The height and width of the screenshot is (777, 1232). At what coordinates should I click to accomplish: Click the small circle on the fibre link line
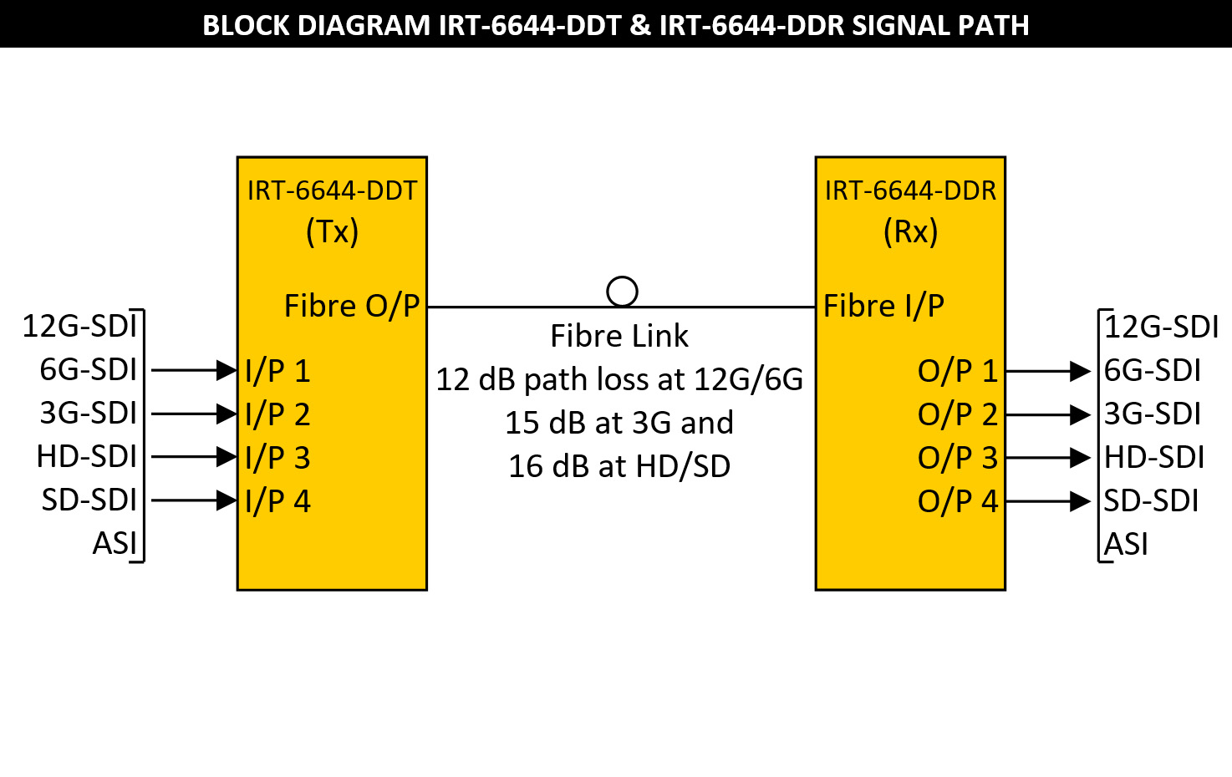click(x=622, y=292)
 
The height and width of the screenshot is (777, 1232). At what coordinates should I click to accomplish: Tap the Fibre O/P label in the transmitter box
click(x=352, y=306)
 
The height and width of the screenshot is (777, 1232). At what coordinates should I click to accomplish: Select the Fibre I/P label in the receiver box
click(x=883, y=306)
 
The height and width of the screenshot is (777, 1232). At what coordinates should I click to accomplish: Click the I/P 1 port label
click(x=277, y=371)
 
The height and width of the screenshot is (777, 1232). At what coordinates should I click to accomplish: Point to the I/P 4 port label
click(x=277, y=501)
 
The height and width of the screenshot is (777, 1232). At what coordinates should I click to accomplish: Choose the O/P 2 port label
click(x=958, y=414)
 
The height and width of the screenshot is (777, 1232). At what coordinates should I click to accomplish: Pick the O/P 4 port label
click(x=958, y=501)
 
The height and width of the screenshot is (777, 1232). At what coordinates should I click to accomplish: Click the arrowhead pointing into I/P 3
click(x=227, y=457)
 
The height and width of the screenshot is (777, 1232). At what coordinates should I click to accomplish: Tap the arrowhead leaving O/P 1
click(x=1081, y=371)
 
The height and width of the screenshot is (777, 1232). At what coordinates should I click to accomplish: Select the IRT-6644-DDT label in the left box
click(x=332, y=190)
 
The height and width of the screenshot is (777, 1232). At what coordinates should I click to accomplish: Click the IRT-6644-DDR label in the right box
click(x=910, y=190)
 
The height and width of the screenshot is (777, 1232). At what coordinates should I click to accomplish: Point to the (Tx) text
click(x=332, y=231)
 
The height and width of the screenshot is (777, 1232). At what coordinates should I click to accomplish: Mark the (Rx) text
click(x=910, y=231)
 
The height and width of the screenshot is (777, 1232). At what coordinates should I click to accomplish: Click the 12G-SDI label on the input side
click(x=79, y=326)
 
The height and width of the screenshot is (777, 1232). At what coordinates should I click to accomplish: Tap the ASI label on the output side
click(x=1126, y=545)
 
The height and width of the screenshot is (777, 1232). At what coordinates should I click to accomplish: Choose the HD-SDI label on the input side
click(x=86, y=457)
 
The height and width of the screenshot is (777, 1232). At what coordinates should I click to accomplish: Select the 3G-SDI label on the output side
click(x=1152, y=414)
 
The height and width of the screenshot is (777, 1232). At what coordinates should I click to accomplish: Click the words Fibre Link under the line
click(x=619, y=336)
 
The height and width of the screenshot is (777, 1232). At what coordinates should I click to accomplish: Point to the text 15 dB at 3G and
click(x=619, y=423)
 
